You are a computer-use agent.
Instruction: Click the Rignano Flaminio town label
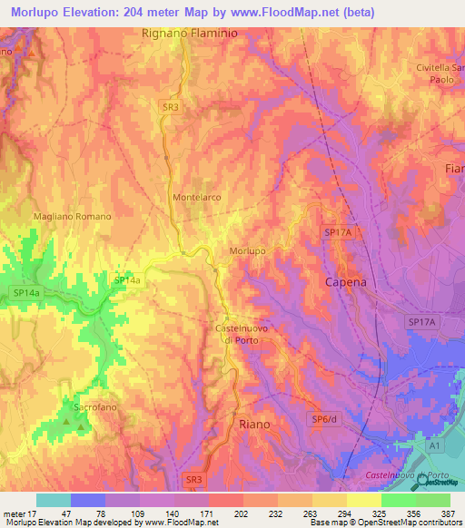pyautogui.click(x=188, y=34)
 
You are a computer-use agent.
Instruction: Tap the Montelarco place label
pyautogui.click(x=197, y=197)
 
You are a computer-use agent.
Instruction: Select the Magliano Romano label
pyautogui.click(x=72, y=217)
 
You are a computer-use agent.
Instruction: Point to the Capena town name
pyautogui.click(x=346, y=282)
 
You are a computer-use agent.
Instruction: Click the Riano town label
pyautogui.click(x=254, y=424)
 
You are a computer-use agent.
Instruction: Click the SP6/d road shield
pyautogui.click(x=324, y=418)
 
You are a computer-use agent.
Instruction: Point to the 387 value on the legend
pyautogui.click(x=449, y=513)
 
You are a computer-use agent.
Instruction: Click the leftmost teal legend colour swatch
pyautogui.click(x=53, y=500)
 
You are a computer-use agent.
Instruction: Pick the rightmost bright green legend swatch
pyautogui.click(x=432, y=500)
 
